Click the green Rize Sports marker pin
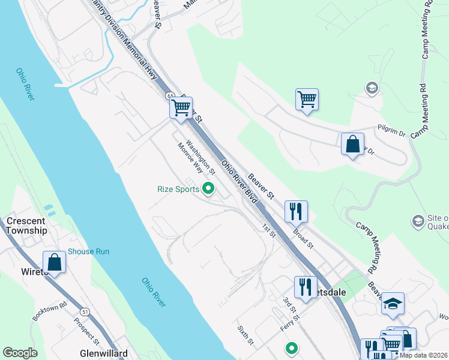209,189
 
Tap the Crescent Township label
26,226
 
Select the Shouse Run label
89,251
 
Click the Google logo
20,353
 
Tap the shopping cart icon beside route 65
181,109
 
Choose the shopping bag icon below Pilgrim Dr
352,145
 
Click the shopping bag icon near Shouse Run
55,262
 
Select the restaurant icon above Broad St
296,211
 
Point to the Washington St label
200,154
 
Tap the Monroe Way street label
189,158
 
